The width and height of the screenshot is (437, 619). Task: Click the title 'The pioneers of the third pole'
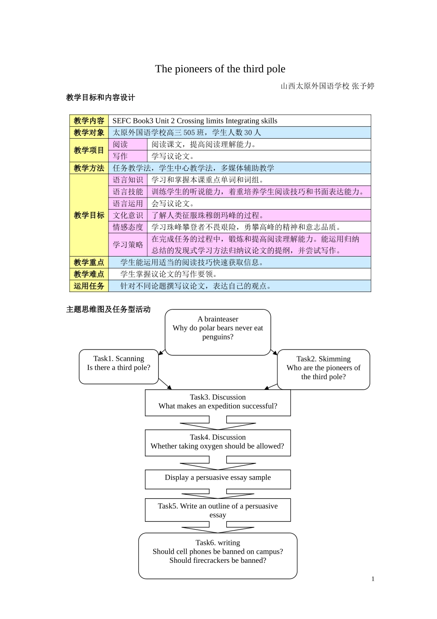pyautogui.click(x=220, y=69)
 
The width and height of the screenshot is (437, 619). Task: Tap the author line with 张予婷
pyautogui.click(x=327, y=86)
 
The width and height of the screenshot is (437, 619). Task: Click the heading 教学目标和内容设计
pyautogui.click(x=101, y=98)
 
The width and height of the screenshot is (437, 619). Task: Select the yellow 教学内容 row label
pyautogui.click(x=89, y=121)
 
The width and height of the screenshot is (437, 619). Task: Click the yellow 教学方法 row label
pyautogui.click(x=89, y=168)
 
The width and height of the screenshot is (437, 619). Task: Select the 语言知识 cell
pyautogui.click(x=128, y=180)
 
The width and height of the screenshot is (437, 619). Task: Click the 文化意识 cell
pyautogui.click(x=128, y=215)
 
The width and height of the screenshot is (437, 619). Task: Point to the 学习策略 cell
pyautogui.click(x=128, y=245)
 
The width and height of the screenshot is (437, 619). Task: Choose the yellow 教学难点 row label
pyautogui.click(x=89, y=274)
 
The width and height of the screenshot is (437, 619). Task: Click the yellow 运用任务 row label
pyautogui.click(x=89, y=286)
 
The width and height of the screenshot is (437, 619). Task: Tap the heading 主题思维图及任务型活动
pyautogui.click(x=109, y=309)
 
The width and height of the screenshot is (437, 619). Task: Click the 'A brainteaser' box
pyautogui.click(x=218, y=332)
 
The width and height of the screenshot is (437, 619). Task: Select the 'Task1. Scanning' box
pyautogui.click(x=119, y=367)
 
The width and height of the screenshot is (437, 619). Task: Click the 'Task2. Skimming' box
pyautogui.click(x=323, y=369)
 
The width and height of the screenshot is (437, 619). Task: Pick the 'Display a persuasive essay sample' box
pyautogui.click(x=218, y=479)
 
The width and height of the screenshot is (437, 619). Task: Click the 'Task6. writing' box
pyautogui.click(x=218, y=555)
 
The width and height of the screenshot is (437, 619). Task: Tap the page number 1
pyautogui.click(x=373, y=579)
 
